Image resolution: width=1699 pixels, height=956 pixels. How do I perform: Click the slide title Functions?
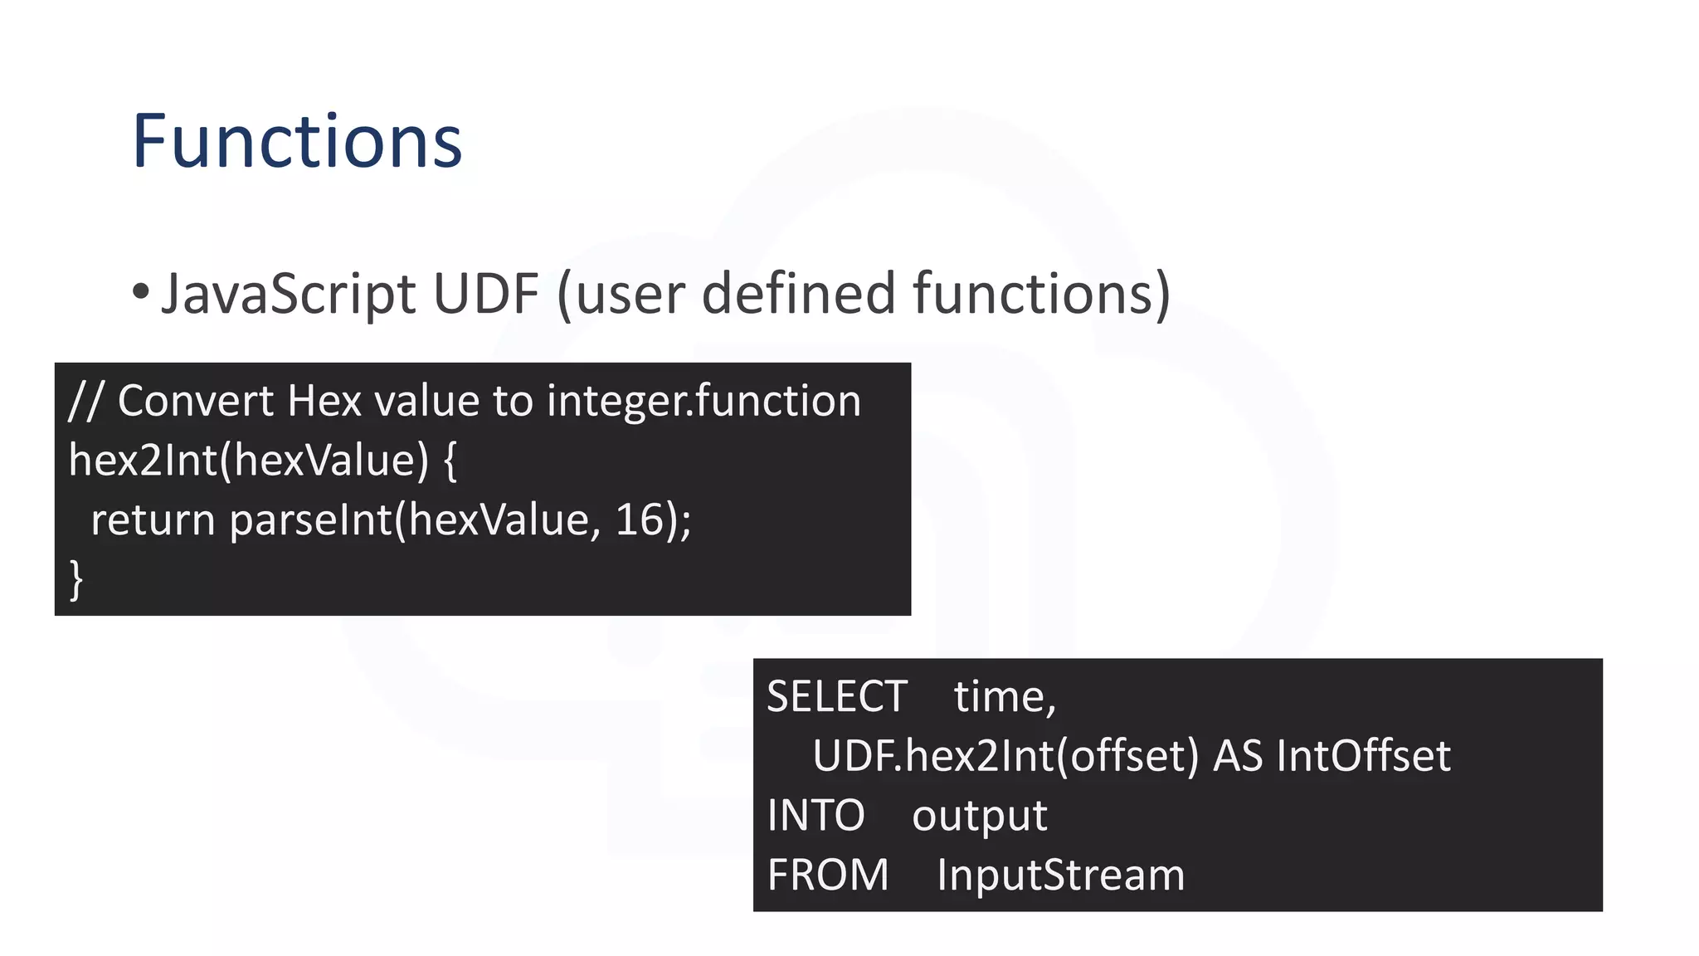click(297, 142)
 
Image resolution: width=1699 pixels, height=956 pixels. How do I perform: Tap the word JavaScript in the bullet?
click(288, 294)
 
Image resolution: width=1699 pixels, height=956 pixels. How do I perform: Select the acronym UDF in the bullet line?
click(485, 294)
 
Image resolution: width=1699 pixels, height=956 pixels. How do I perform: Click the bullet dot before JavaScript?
click(140, 292)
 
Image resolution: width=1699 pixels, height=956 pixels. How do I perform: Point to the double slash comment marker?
click(85, 402)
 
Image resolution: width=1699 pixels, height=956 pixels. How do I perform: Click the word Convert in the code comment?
click(196, 402)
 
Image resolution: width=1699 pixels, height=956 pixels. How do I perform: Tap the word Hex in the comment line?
click(324, 402)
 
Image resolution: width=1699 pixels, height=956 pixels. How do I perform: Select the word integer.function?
click(703, 402)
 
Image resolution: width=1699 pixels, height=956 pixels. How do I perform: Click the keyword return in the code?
click(153, 521)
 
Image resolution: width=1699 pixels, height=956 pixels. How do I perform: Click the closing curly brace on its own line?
click(76, 579)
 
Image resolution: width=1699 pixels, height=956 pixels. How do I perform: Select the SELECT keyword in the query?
click(836, 696)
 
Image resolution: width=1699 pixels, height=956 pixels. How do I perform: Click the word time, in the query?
click(1005, 696)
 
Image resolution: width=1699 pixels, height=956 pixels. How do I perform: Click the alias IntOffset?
click(1363, 756)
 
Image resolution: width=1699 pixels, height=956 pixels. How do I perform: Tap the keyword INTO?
click(815, 816)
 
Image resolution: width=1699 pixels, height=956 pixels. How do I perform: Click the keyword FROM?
click(827, 876)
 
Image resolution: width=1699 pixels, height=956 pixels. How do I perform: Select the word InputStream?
click(1060, 876)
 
